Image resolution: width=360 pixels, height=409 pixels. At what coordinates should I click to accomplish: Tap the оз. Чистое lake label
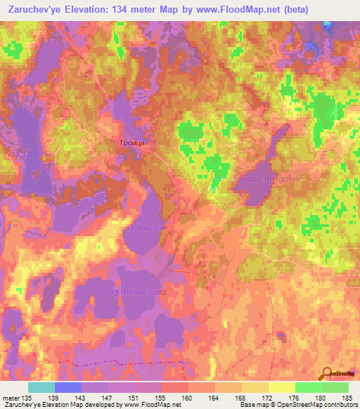click(x=144, y=228)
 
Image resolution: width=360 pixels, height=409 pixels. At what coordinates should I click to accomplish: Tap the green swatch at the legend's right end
click(x=335, y=387)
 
